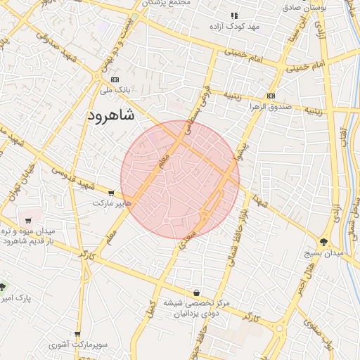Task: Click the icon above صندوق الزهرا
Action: pyautogui.click(x=271, y=96)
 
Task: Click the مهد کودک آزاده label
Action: pyautogui.click(x=234, y=26)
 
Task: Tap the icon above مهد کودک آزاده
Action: pyautogui.click(x=235, y=15)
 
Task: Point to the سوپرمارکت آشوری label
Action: pyautogui.click(x=77, y=345)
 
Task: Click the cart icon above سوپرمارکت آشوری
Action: pyautogui.click(x=77, y=334)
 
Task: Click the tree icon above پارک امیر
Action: pyautogui.click(x=3, y=288)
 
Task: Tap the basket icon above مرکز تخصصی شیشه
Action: pyautogui.click(x=197, y=292)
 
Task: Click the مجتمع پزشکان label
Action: pyautogui.click(x=166, y=4)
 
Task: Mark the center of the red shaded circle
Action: pyautogui.click(x=180, y=179)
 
